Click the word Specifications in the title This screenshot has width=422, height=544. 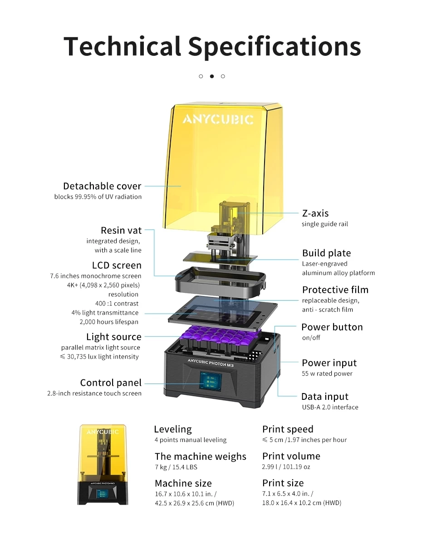pyautogui.click(x=274, y=46)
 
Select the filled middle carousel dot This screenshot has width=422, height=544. pyautogui.click(x=211, y=76)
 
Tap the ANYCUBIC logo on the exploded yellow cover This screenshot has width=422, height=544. pyautogui.click(x=218, y=119)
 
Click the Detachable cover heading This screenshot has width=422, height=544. pyautogui.click(x=102, y=186)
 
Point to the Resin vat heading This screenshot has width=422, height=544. pyautogui.click(x=121, y=230)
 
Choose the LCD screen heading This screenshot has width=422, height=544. pyautogui.click(x=117, y=265)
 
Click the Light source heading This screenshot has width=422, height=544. pyautogui.click(x=114, y=337)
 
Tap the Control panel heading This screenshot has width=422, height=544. pyautogui.click(x=111, y=383)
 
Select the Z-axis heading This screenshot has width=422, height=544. pyautogui.click(x=315, y=213)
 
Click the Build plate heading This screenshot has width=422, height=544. pyautogui.click(x=326, y=253)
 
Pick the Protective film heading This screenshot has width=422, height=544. pyautogui.click(x=335, y=290)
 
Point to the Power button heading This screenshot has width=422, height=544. pyautogui.click(x=332, y=327)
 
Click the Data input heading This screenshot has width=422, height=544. pyautogui.click(x=325, y=397)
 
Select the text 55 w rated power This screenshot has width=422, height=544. pyautogui.click(x=327, y=374)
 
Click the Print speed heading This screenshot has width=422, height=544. pyautogui.click(x=288, y=429)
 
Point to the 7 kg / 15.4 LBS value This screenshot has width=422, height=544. pyautogui.click(x=176, y=467)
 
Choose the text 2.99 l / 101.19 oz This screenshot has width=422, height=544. pyautogui.click(x=286, y=466)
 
